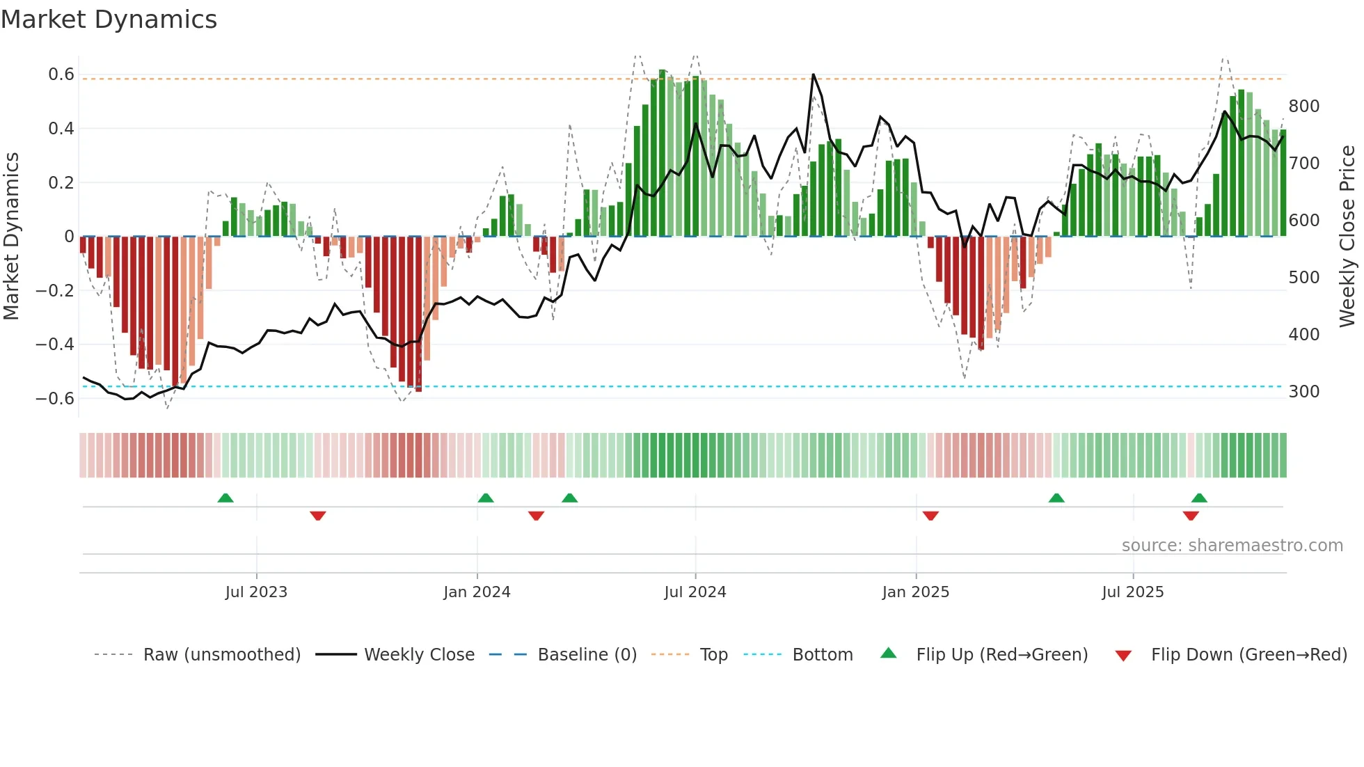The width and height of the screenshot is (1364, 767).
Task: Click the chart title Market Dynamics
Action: (109, 19)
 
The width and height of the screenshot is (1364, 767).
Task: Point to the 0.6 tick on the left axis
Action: (61, 74)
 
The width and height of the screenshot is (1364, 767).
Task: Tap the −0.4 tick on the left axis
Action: (55, 345)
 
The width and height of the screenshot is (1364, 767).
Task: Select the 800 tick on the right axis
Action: (1303, 106)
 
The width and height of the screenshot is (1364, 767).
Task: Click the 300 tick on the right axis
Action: (1303, 392)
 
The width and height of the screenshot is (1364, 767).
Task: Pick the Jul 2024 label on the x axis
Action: (695, 592)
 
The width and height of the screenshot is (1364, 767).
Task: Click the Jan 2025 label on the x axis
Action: (915, 592)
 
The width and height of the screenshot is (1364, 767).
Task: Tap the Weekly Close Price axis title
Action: (1347, 237)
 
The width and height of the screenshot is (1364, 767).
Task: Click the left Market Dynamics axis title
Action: (11, 237)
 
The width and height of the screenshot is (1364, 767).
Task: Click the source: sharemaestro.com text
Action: (1232, 546)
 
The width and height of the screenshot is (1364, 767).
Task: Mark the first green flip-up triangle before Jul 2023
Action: (225, 498)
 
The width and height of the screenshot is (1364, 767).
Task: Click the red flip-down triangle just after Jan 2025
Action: (930, 516)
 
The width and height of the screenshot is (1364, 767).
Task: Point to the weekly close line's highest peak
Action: (813, 74)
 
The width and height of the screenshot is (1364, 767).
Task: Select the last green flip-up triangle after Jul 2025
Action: (1199, 498)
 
